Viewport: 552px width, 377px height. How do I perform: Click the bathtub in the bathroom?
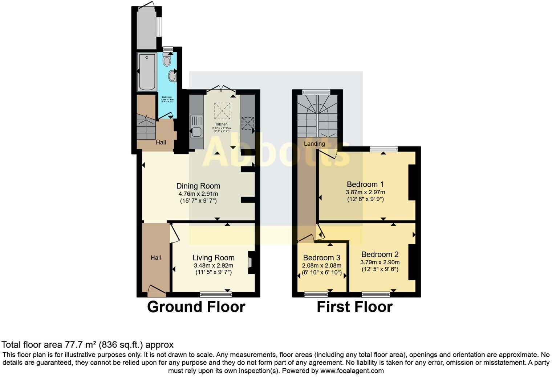click(147, 72)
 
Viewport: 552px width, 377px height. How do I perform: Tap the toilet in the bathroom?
click(167, 60)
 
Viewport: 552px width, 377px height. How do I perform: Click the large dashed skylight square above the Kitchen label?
click(222, 111)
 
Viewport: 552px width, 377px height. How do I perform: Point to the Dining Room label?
click(198, 186)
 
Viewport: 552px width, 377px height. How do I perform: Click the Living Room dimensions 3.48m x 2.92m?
click(214, 265)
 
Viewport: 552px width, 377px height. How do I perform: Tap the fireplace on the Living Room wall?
click(250, 262)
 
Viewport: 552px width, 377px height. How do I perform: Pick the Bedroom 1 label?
click(365, 184)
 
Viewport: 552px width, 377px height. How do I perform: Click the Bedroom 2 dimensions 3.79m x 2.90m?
click(380, 262)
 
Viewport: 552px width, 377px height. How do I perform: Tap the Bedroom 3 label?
click(321, 258)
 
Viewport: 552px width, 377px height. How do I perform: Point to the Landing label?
click(314, 144)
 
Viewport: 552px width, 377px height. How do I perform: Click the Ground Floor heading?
click(196, 307)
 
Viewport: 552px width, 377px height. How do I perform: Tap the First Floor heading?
click(354, 307)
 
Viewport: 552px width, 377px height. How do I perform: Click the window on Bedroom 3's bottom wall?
click(316, 294)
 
